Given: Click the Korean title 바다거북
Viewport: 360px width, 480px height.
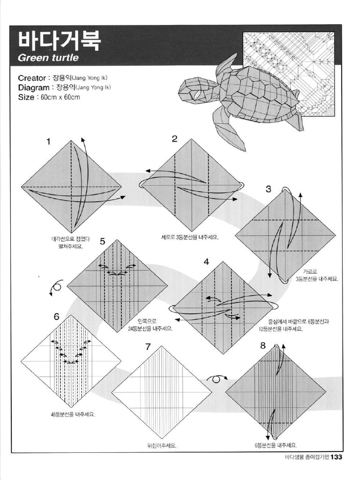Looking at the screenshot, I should [59, 40].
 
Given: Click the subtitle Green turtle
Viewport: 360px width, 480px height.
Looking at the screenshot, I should [48, 59].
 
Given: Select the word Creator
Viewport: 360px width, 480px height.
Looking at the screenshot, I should [32, 78].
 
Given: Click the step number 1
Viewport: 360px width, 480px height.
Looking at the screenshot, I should [48, 142].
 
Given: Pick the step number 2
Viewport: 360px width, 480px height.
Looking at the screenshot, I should [174, 139].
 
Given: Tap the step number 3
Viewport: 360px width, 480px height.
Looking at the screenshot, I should [268, 189].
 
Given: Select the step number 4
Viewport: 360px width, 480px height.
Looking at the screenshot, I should [206, 262].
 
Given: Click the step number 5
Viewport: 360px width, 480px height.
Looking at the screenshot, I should [102, 242].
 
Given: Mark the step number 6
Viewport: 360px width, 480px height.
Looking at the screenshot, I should [56, 316].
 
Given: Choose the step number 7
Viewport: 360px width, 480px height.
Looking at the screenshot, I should [148, 347].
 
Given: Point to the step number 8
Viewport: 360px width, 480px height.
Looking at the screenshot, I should [262, 346].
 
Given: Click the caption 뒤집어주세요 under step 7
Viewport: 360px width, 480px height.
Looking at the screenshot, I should [161, 446].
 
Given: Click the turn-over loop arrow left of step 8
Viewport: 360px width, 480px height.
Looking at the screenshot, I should [217, 378].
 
